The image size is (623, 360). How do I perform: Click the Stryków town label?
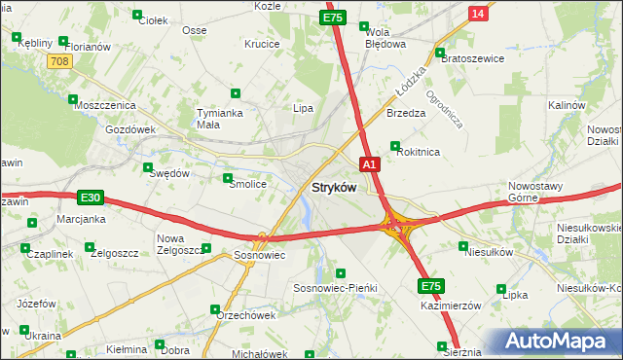click(x=333, y=186)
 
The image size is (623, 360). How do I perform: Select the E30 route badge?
click(x=90, y=198)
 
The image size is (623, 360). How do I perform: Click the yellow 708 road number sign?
click(x=59, y=60)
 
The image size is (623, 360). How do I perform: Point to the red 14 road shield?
click(x=476, y=13)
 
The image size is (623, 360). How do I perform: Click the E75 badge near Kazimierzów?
click(x=432, y=286)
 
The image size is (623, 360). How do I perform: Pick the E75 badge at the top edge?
click(x=333, y=18)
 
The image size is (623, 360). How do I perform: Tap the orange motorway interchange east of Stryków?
click(x=397, y=227)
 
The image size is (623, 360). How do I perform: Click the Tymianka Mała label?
click(x=219, y=118)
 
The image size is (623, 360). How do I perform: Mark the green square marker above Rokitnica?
click(x=395, y=147)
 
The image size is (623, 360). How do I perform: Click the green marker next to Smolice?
click(x=228, y=178)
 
